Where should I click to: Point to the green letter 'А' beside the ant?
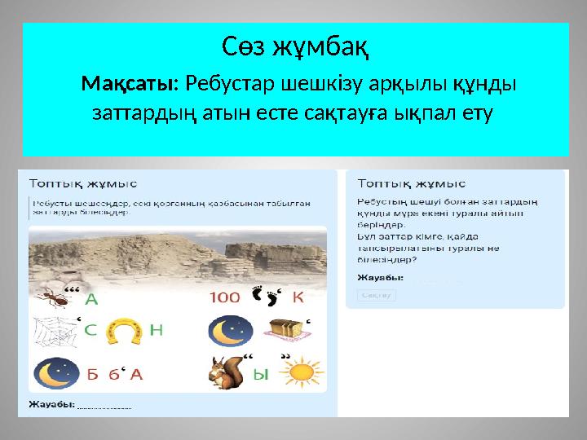click(92, 298)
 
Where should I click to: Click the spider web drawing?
click(54, 332)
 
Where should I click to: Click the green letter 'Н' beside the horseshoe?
click(157, 330)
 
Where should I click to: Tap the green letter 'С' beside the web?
click(91, 331)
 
